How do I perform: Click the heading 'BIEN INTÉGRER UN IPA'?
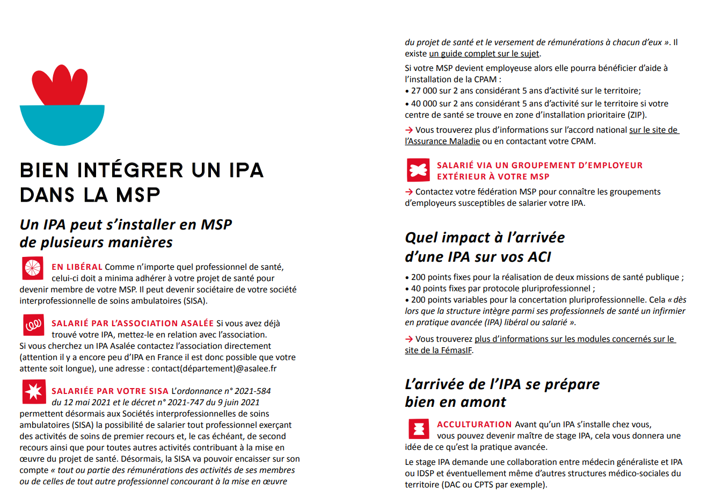click(142, 170)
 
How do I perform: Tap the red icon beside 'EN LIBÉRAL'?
click(33, 268)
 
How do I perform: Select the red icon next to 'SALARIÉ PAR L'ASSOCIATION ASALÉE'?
click(33, 325)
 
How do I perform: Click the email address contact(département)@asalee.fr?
click(214, 369)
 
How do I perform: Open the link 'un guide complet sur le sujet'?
click(484, 54)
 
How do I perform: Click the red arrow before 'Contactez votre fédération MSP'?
click(409, 192)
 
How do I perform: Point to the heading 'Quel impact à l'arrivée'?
click(485, 238)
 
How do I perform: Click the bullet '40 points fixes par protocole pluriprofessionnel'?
click(502, 289)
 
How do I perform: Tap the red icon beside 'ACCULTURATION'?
click(418, 429)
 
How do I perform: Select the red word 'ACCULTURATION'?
click(474, 425)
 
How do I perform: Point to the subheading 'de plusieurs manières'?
click(96, 242)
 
